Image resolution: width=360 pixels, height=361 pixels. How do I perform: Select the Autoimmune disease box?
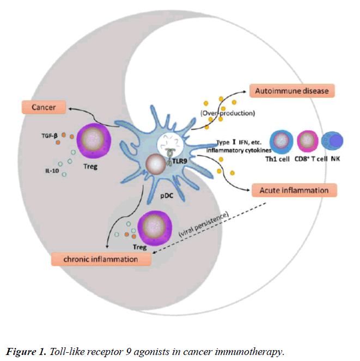(x=291, y=90)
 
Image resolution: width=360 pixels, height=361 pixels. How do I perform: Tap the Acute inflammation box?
(x=295, y=191)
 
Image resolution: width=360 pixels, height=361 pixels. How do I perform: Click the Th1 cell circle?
(x=282, y=140)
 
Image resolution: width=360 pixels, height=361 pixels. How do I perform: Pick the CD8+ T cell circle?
(x=308, y=140)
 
